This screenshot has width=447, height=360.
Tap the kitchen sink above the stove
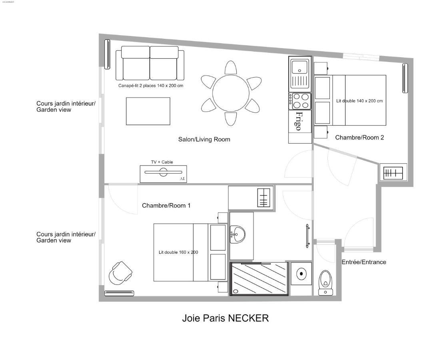pyautogui.click(x=300, y=74)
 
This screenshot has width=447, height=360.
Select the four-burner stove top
pyautogui.click(x=300, y=101)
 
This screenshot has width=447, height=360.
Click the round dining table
pyautogui.click(x=231, y=93)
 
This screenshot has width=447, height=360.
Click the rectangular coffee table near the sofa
pyautogui.click(x=148, y=111)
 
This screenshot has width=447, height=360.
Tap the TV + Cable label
pyautogui.click(x=162, y=162)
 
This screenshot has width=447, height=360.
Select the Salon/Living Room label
pyautogui.click(x=204, y=140)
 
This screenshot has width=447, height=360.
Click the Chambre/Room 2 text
pyautogui.click(x=359, y=138)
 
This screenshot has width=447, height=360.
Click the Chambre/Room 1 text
pyautogui.click(x=166, y=206)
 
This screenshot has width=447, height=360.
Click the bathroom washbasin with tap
pyautogui.click(x=239, y=234)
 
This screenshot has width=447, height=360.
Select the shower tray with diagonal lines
pyautogui.click(x=259, y=279)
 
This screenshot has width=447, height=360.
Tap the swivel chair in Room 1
pyautogui.click(x=120, y=273)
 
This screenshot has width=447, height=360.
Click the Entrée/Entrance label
pyautogui.click(x=363, y=262)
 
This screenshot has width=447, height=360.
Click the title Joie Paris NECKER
pyautogui.click(x=225, y=318)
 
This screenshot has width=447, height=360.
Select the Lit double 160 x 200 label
pyautogui.click(x=178, y=252)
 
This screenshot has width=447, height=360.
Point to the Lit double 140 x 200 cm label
pyautogui.click(x=359, y=101)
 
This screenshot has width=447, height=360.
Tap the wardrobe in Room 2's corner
pyautogui.click(x=393, y=173)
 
